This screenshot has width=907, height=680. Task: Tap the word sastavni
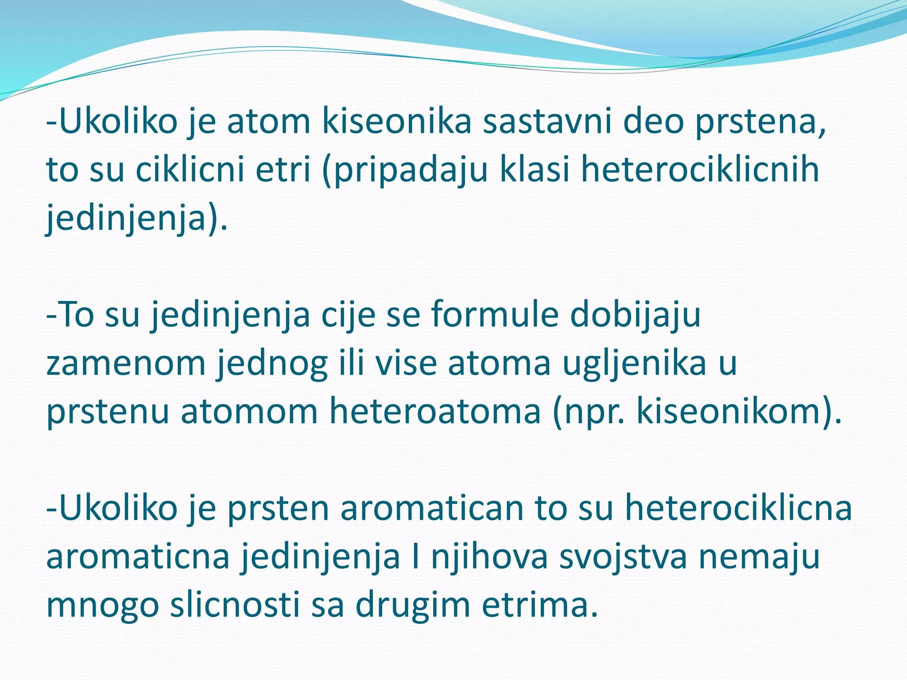click(547, 122)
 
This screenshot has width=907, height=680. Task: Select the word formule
click(494, 315)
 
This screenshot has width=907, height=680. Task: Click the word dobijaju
click(635, 315)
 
